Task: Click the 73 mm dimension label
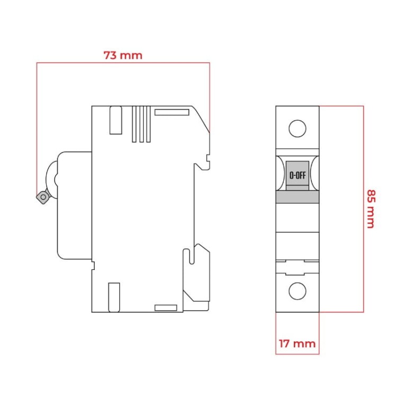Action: click(x=123, y=55)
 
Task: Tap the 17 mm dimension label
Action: click(x=297, y=344)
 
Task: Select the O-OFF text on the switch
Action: click(x=297, y=175)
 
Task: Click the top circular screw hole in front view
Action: click(x=297, y=129)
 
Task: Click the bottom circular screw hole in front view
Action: click(x=297, y=291)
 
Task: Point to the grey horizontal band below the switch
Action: click(x=297, y=197)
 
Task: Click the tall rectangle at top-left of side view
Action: click(x=114, y=120)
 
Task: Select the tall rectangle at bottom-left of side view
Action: click(x=114, y=297)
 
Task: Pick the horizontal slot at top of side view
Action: click(x=172, y=112)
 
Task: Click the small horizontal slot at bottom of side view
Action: click(x=165, y=308)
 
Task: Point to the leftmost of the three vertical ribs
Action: click(x=134, y=124)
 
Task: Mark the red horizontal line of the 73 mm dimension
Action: click(x=123, y=63)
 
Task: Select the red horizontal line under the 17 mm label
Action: click(x=297, y=354)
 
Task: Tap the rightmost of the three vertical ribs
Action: click(x=148, y=124)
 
